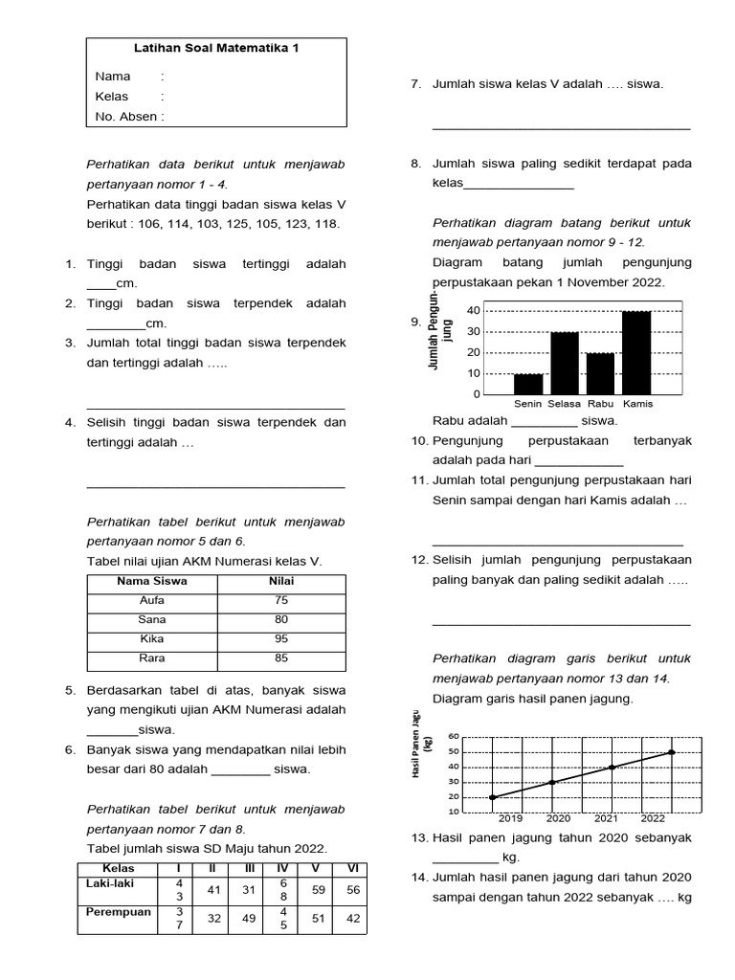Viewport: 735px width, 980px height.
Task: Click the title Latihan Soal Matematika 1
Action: coord(215,48)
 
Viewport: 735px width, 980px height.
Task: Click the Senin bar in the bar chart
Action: coord(527,384)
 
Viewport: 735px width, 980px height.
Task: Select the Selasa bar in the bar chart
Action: coord(565,363)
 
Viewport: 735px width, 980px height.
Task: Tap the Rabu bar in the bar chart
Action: coord(600,373)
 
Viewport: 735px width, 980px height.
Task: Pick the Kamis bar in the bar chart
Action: coord(636,352)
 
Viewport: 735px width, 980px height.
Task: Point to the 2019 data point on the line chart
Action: coord(492,797)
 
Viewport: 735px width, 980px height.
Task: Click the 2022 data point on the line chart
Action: coord(672,752)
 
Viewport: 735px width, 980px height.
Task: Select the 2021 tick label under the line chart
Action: coord(606,818)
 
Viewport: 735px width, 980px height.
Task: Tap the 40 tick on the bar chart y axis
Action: coord(474,311)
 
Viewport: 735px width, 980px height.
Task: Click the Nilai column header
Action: coord(281,581)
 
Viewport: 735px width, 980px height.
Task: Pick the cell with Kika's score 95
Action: coord(281,638)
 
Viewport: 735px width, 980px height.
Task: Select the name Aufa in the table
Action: coord(152,600)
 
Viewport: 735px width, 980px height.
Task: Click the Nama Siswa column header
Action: coord(152,581)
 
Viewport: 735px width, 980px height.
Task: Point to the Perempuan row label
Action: coord(119,912)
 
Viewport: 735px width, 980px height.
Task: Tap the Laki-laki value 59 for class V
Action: coord(317,889)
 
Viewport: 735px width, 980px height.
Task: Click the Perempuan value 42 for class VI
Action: coord(352,919)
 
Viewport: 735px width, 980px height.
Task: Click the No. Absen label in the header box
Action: coord(129,117)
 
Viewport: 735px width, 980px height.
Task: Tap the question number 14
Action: coord(420,878)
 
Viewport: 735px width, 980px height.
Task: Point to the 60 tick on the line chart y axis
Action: coord(454,737)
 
